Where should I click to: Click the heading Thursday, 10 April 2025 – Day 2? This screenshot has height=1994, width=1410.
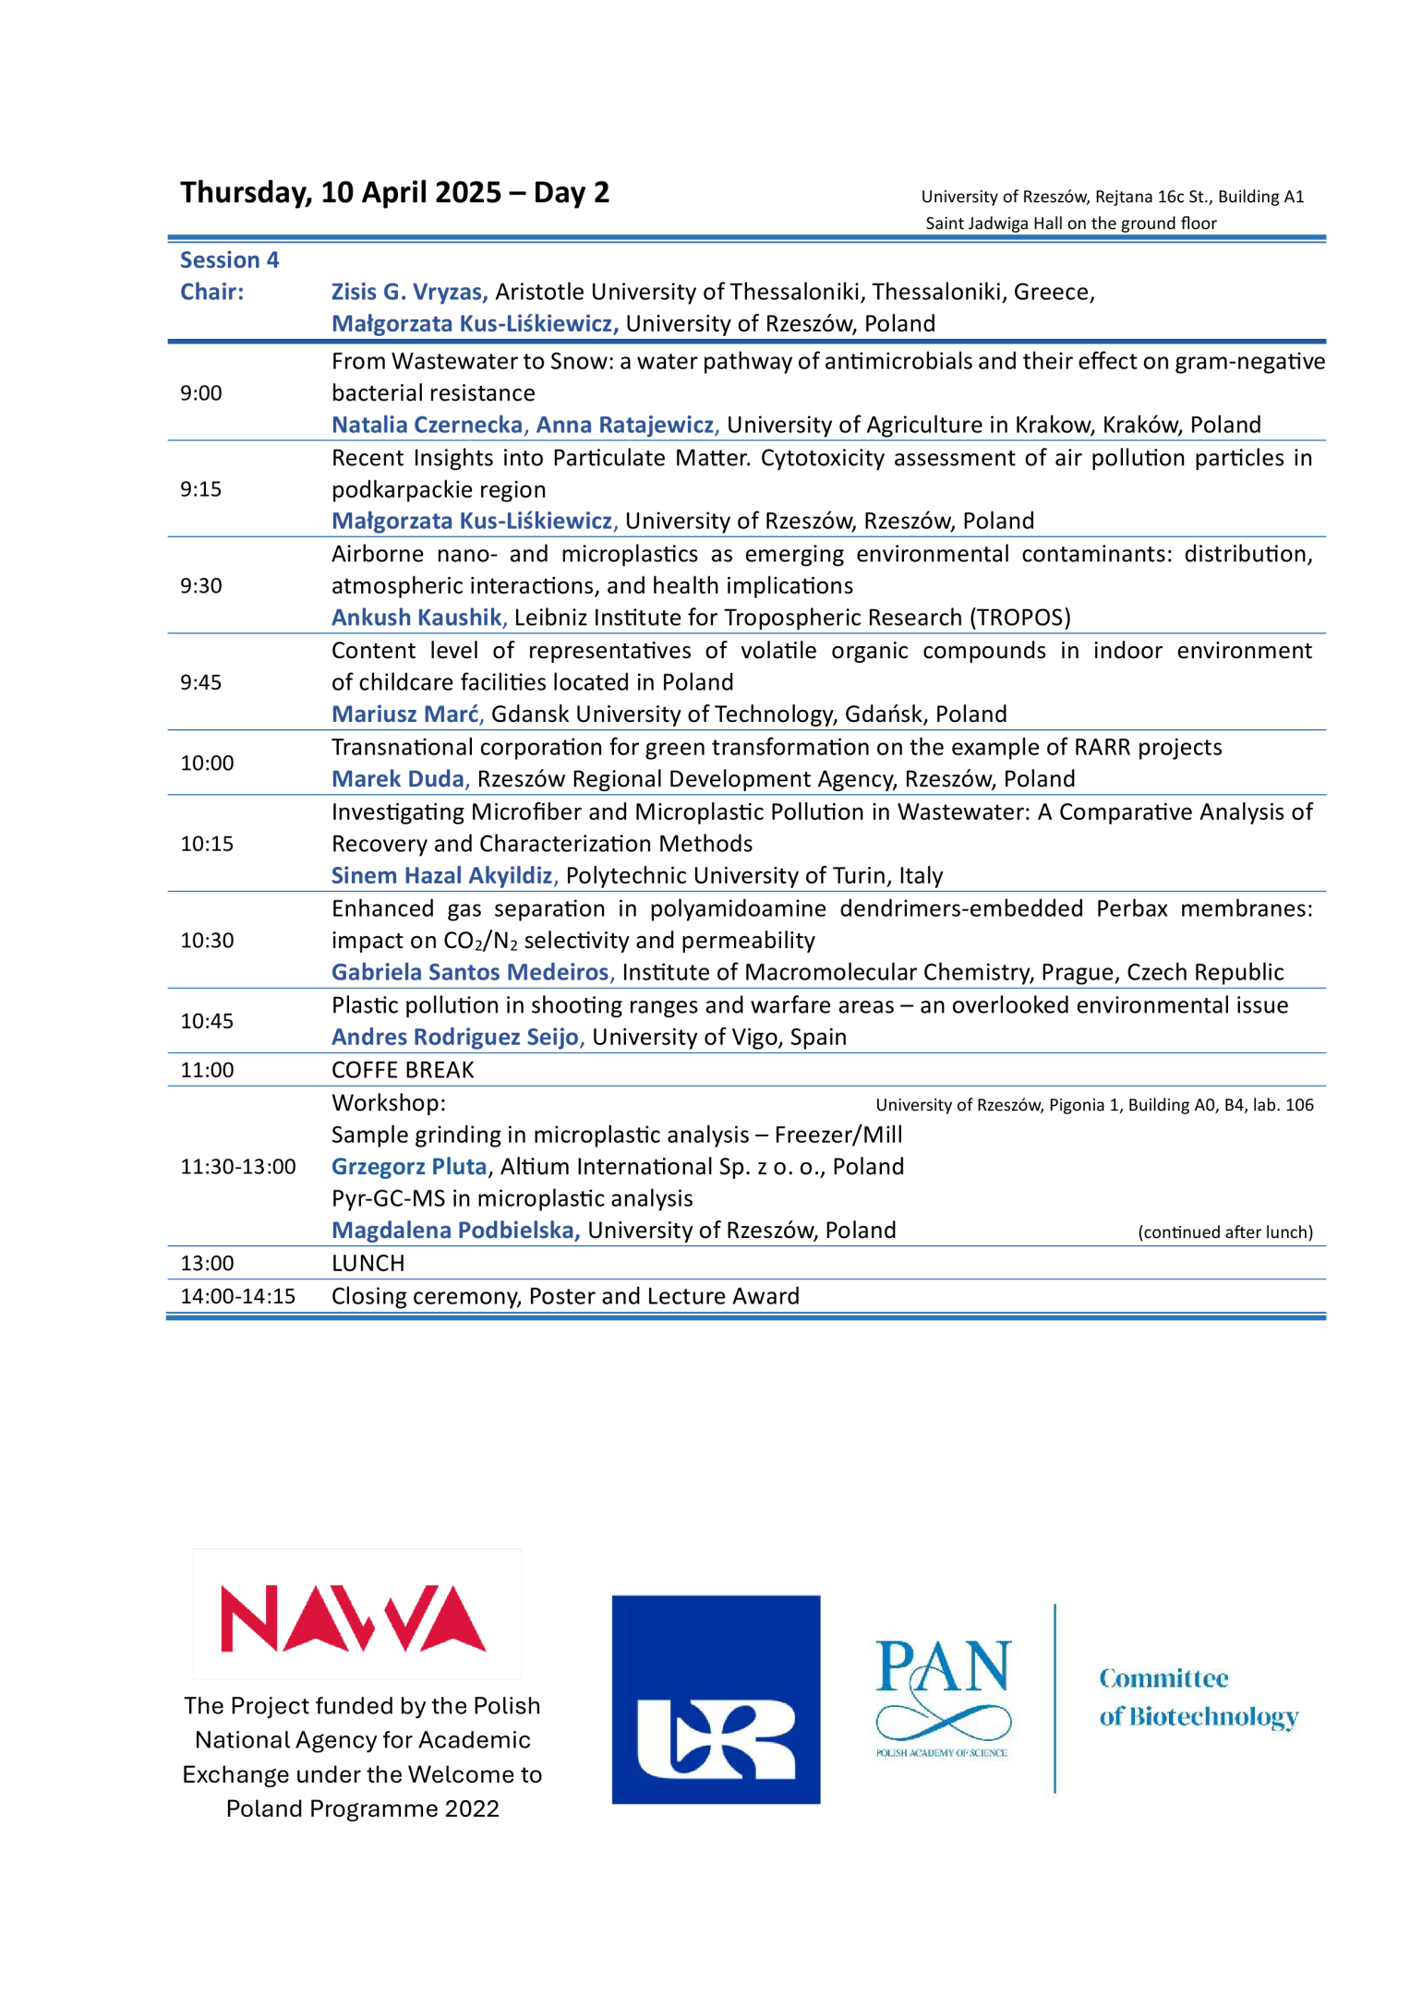point(394,192)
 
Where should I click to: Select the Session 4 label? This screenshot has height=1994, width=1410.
point(229,260)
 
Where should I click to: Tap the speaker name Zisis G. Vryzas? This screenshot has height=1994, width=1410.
point(408,292)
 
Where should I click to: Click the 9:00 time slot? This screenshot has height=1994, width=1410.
point(201,393)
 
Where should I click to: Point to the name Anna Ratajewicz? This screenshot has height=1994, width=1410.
point(625,425)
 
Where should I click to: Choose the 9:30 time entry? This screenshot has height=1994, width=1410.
point(201,586)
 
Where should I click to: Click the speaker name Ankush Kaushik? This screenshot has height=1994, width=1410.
point(417,618)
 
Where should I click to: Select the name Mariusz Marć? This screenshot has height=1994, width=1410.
point(406,715)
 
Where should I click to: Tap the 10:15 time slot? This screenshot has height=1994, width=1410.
point(207,844)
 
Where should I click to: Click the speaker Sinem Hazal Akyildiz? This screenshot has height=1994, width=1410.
point(443,876)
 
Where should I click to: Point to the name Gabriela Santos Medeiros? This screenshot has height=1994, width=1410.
point(471,972)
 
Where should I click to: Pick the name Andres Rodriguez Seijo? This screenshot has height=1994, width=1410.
point(456,1038)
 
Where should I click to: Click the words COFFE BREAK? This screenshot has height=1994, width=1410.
point(403,1070)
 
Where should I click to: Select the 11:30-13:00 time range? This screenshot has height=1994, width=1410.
point(238,1167)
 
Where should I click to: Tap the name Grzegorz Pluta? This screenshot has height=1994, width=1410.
point(409,1167)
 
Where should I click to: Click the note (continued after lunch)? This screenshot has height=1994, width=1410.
point(1225,1232)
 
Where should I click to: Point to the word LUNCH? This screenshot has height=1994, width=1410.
point(368,1264)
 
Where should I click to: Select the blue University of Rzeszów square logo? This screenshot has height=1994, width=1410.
point(716,1700)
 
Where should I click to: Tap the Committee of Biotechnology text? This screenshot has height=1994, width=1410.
point(1199,1698)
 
